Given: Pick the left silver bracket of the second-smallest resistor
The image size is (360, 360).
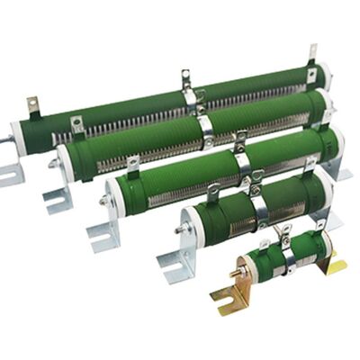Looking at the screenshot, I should click(x=174, y=262).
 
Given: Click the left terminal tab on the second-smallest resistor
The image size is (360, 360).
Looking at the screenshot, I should click(x=213, y=191).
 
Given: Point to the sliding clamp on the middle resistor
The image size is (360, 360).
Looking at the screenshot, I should click(x=242, y=157).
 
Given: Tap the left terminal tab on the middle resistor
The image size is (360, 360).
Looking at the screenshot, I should click(x=133, y=166).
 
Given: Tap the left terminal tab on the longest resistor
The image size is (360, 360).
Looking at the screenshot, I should click(x=32, y=105).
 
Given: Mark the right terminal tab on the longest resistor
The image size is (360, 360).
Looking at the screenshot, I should click(x=312, y=54).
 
